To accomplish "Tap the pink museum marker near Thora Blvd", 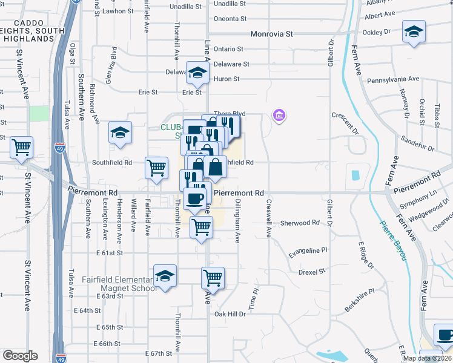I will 279,115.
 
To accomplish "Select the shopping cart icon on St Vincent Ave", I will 21,147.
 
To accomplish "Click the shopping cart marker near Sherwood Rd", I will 202,227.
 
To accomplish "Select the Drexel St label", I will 312,272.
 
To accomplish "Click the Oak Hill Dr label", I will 230,314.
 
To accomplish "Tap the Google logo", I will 20,356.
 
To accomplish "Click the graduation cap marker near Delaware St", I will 197,73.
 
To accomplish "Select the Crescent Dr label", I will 346,121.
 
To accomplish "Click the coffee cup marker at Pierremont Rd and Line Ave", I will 194,198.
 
